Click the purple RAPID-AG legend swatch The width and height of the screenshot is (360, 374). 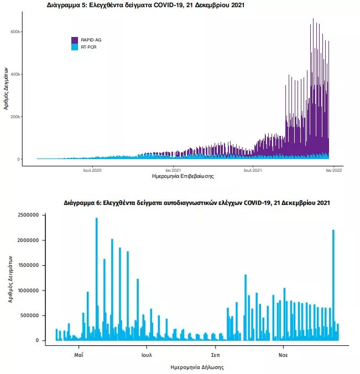(75, 40)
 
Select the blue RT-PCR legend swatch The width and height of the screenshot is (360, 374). (75, 47)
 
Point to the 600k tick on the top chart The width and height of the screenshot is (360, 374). (15, 31)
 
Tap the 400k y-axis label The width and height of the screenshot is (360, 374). (15, 74)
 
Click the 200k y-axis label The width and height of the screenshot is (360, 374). (15, 117)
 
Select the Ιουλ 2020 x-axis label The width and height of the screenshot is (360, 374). (92, 170)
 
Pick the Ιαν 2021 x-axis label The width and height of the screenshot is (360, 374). (173, 170)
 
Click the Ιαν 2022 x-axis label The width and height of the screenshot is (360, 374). (334, 170)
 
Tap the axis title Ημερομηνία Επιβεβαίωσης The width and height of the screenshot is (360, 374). (183, 176)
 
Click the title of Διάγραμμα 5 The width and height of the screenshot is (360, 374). (145, 5)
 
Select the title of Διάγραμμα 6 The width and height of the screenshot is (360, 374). (197, 203)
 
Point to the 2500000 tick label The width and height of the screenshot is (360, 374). (28, 215)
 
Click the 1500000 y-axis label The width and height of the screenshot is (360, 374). (28, 265)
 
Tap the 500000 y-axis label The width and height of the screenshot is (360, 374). (29, 315)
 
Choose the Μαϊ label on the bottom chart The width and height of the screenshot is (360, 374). (79, 355)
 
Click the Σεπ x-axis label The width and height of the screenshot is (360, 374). (216, 355)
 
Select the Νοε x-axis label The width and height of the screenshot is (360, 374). (283, 355)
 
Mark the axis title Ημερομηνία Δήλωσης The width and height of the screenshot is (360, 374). (197, 367)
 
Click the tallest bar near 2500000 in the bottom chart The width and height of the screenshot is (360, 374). (97, 279)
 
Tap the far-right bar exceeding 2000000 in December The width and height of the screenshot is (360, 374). (333, 285)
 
